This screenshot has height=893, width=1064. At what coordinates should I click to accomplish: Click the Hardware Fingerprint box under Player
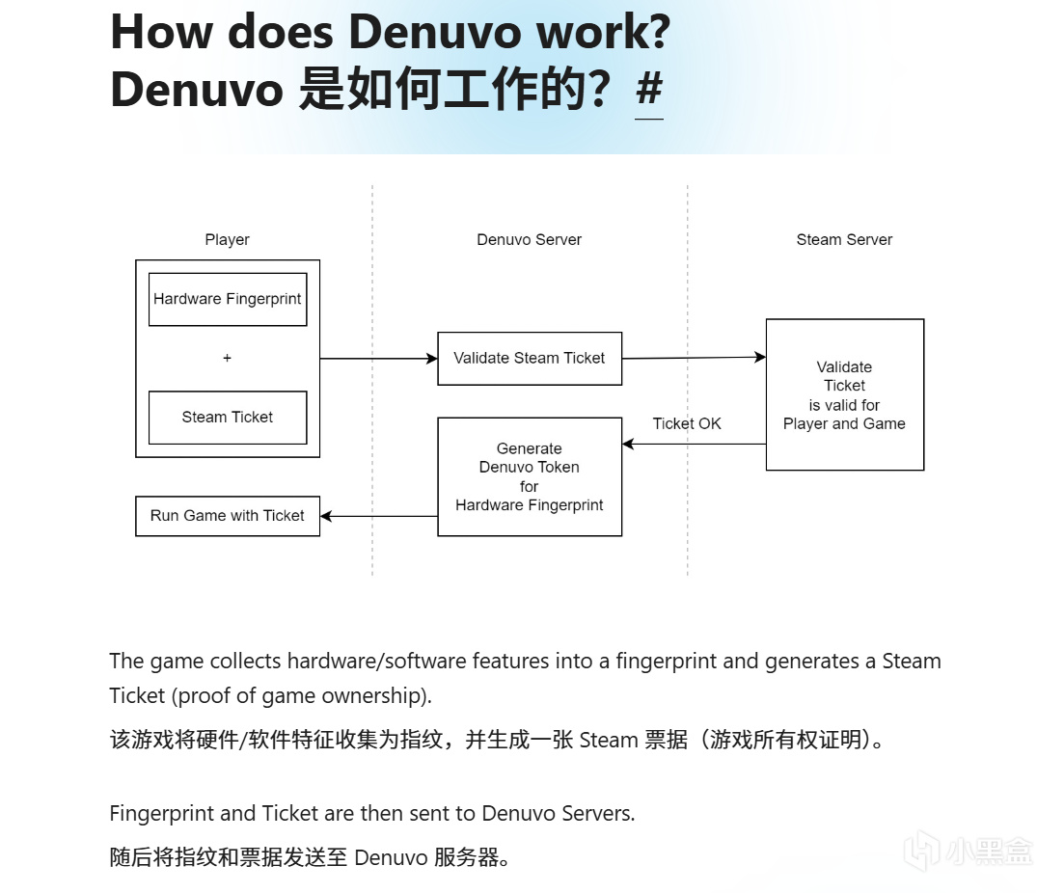[228, 299]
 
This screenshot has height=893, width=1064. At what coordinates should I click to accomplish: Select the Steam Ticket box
[228, 417]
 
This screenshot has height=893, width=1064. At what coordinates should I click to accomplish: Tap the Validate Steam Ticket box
[530, 358]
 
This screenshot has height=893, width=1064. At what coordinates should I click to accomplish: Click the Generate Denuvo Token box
[530, 476]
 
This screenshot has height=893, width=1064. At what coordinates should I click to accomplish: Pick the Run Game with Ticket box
[228, 516]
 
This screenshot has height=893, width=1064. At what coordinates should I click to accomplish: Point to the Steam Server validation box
[844, 394]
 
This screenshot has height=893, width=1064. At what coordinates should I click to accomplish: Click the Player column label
[228, 239]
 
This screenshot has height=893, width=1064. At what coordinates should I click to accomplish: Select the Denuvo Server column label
[530, 239]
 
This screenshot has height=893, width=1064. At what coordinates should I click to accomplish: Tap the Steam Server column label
[844, 239]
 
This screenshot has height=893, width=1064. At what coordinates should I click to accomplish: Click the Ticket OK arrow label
[687, 423]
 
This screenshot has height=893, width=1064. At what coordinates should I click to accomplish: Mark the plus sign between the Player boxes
[228, 358]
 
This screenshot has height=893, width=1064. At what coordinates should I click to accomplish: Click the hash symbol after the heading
[649, 90]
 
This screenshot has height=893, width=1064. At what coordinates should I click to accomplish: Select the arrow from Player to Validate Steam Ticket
[378, 359]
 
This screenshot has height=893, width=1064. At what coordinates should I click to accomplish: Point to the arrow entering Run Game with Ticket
[378, 516]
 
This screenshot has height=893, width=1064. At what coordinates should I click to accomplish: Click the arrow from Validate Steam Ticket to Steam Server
[694, 358]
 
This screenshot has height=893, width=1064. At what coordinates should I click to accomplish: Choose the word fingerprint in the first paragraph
[667, 661]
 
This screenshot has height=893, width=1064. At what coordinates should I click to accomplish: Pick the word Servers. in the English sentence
[595, 813]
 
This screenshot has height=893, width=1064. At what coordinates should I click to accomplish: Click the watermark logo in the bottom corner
[968, 850]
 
